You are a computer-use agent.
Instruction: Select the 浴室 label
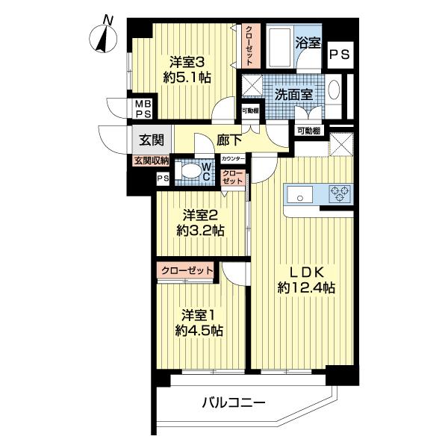pyautogui.click(x=307, y=43)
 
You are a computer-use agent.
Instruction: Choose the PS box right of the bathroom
pyautogui.click(x=339, y=54)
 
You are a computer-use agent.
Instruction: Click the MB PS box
pyautogui.click(x=143, y=108)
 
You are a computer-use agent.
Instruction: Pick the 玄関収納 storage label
pyautogui.click(x=152, y=161)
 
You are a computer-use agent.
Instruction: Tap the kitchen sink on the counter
pyautogui.click(x=302, y=196)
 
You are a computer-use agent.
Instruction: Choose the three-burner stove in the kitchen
pyautogui.click(x=340, y=195)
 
